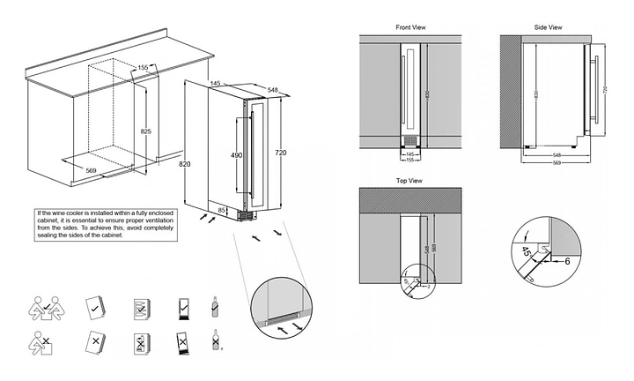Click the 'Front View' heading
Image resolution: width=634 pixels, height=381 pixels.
(x=410, y=27)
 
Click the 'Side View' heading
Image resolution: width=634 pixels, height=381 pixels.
(x=549, y=27)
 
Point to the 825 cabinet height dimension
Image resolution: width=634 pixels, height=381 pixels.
(x=146, y=131)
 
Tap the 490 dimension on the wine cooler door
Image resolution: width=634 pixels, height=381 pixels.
(x=235, y=155)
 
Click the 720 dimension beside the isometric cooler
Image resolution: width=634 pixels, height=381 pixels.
(x=280, y=153)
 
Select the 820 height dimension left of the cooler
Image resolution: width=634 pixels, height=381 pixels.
(x=183, y=164)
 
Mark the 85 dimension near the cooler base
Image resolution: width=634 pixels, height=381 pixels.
(x=222, y=209)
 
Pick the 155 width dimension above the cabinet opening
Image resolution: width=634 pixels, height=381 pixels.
(x=143, y=67)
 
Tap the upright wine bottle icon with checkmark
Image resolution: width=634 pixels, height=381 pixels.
(x=214, y=306)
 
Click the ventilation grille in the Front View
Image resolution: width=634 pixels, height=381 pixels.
(x=409, y=142)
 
